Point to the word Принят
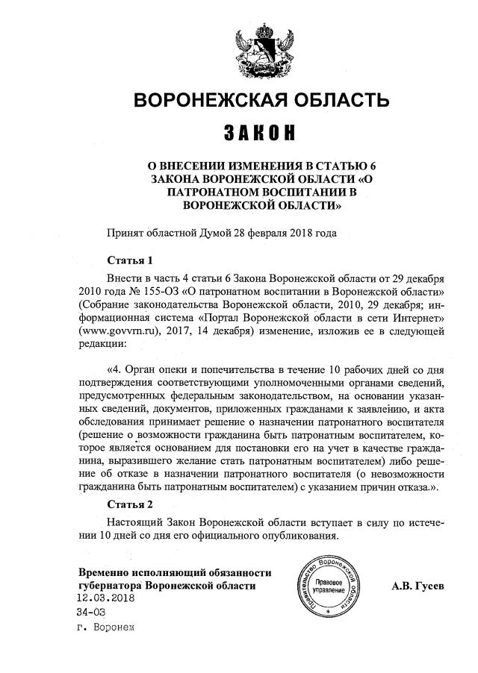tap(125, 232)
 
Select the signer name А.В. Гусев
tap(418, 586)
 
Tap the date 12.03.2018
tap(105, 598)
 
